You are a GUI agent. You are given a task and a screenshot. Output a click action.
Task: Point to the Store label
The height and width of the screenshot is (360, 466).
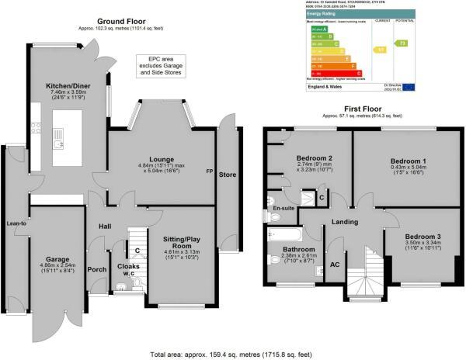tap(227, 174)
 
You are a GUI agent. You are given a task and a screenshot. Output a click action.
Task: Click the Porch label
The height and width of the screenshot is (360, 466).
tap(98, 270)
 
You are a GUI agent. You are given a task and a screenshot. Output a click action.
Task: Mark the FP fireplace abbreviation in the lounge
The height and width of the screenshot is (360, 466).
tap(208, 170)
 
